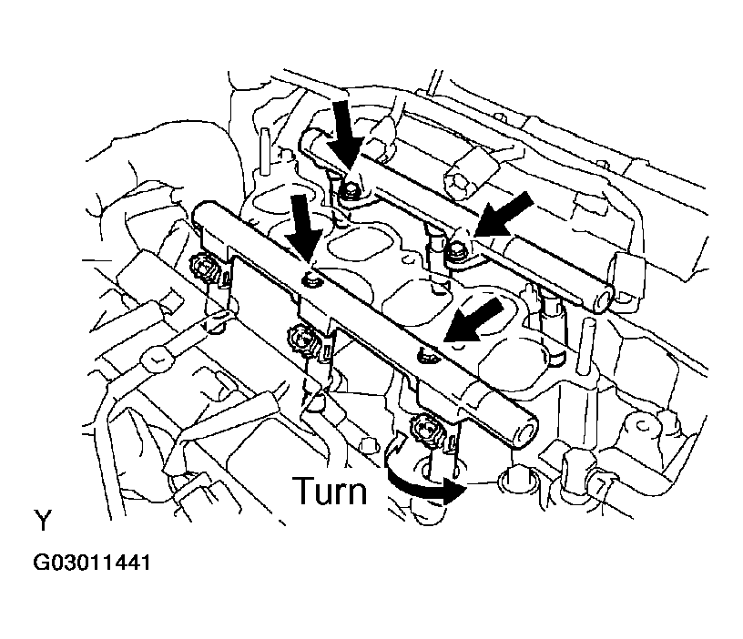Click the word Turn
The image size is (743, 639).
point(330,492)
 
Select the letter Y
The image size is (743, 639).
point(42,520)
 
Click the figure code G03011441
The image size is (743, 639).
point(91,563)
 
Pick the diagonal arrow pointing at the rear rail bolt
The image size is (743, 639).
point(504,217)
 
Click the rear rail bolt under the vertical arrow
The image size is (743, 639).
point(350,190)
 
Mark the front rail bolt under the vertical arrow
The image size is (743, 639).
point(310,281)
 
